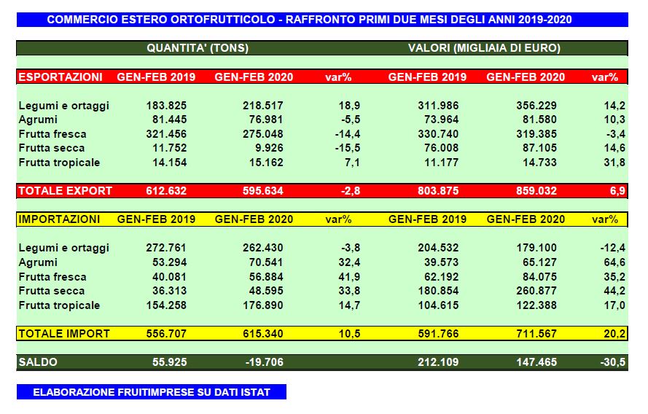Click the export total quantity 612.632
(x=166, y=191)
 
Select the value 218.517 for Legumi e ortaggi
(x=263, y=106)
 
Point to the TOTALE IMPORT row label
(x=64, y=334)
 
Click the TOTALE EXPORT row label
(x=66, y=191)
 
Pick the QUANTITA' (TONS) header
(x=198, y=49)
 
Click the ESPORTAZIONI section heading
(x=60, y=77)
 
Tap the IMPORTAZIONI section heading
(x=59, y=219)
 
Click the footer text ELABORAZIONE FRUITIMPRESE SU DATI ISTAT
(x=152, y=392)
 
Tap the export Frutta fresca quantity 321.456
(x=166, y=134)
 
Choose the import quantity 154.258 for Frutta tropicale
(x=166, y=305)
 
